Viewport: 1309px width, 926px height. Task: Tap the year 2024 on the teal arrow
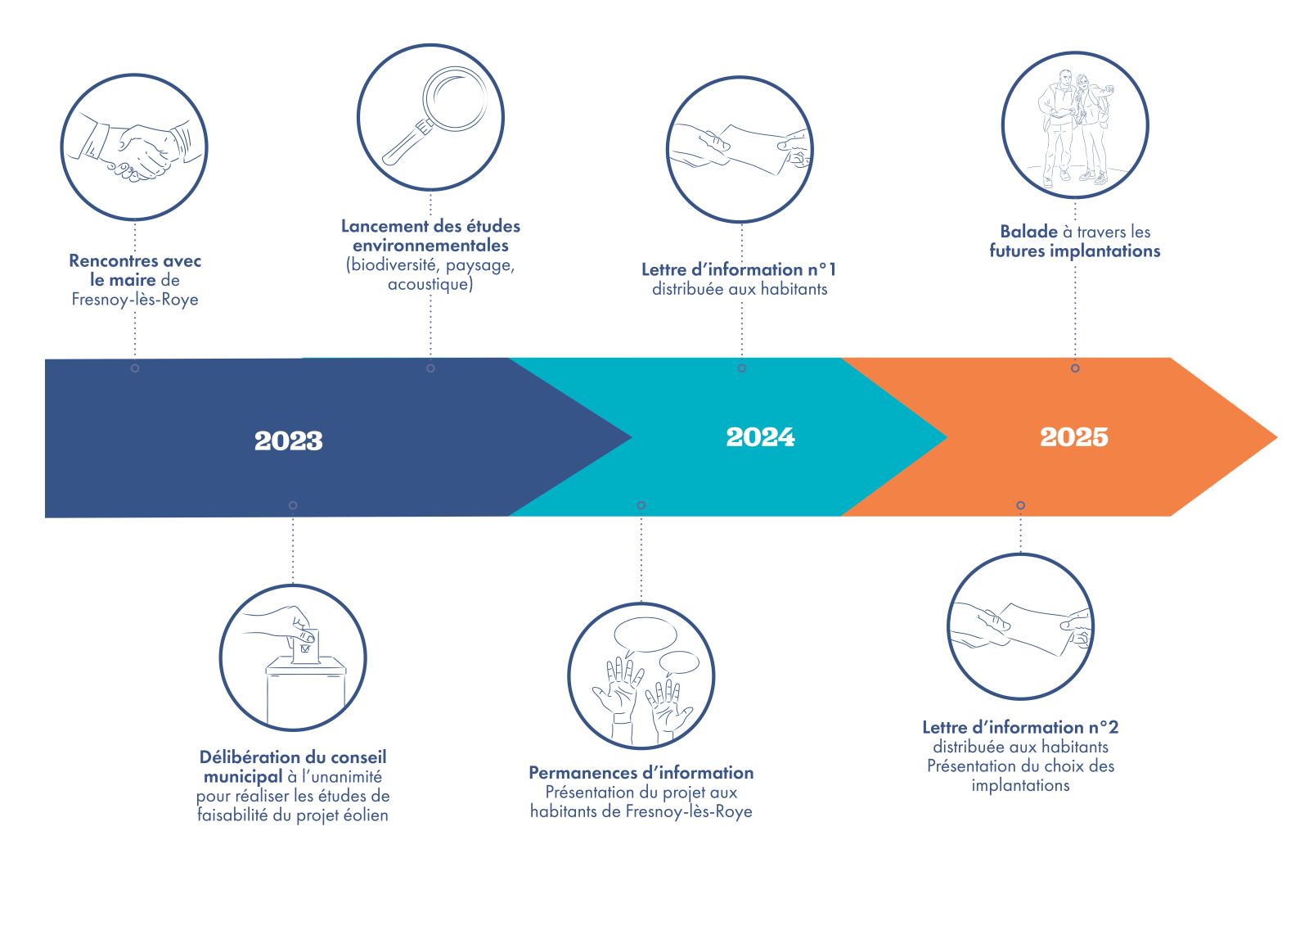pyautogui.click(x=760, y=437)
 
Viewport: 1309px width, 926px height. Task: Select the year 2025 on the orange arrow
pyautogui.click(x=1074, y=437)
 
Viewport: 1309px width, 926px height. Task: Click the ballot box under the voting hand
pyautogui.click(x=306, y=689)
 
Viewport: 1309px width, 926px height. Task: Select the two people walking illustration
pyautogui.click(x=1075, y=128)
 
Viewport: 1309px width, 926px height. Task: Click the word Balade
pyautogui.click(x=1028, y=232)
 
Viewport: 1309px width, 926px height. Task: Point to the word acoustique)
pyautogui.click(x=430, y=284)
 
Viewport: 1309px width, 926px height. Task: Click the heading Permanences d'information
pyautogui.click(x=641, y=773)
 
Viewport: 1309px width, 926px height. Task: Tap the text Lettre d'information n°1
pyautogui.click(x=739, y=269)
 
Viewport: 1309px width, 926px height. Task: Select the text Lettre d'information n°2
pyautogui.click(x=1020, y=727)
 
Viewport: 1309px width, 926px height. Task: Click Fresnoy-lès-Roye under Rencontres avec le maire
pyautogui.click(x=135, y=300)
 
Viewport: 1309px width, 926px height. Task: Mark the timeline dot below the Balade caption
pyautogui.click(x=1075, y=368)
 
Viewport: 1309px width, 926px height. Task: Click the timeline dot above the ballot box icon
pyautogui.click(x=293, y=505)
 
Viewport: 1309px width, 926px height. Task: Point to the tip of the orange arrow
pyautogui.click(x=1276, y=437)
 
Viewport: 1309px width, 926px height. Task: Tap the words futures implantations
pyautogui.click(x=1075, y=251)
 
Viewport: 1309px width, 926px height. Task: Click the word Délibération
pyautogui.click(x=241, y=757)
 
